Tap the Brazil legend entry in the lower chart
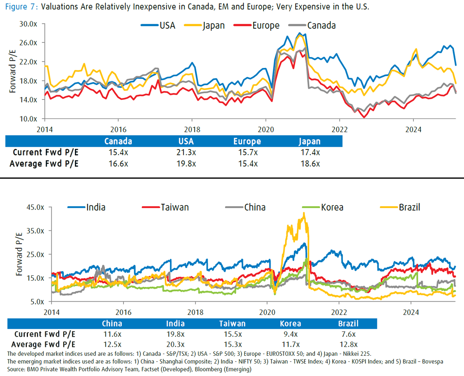click(x=409, y=207)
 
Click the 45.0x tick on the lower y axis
click(x=35, y=207)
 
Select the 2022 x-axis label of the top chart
click(x=339, y=130)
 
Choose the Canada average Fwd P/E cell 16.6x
click(x=118, y=163)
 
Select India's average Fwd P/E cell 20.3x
click(x=176, y=344)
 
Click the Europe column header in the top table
click(x=247, y=142)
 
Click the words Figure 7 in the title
click(x=18, y=8)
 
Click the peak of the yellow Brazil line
click(x=304, y=213)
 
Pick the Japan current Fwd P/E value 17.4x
click(x=310, y=152)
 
